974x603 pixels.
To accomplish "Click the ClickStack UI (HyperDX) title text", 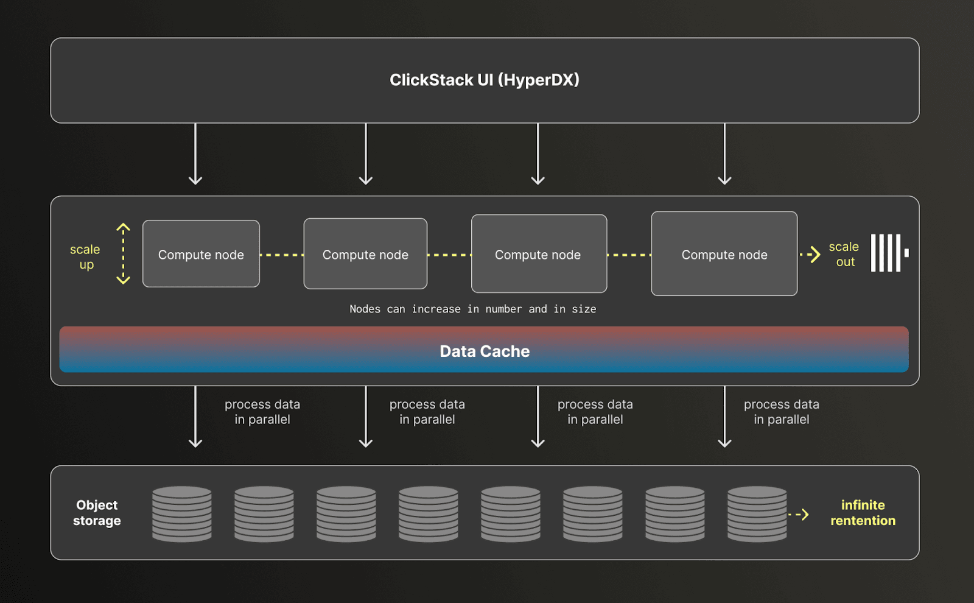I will tap(485, 80).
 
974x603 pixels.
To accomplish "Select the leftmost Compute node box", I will tap(201, 254).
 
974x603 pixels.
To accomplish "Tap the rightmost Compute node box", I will tap(724, 254).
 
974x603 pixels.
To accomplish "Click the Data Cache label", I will tap(485, 351).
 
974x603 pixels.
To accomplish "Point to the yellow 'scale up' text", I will tap(85, 256).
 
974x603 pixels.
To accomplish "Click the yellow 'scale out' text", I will tap(844, 254).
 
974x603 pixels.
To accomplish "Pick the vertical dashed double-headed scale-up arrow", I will tap(123, 253).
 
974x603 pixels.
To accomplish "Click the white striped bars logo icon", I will tap(888, 253).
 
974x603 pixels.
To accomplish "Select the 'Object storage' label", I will tap(97, 513).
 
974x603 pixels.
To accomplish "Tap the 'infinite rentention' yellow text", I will tap(863, 513).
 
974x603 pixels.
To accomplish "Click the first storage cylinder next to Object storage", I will tap(182, 513).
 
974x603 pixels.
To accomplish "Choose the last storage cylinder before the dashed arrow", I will tap(757, 513).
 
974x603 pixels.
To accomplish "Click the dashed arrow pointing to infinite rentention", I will tap(799, 515).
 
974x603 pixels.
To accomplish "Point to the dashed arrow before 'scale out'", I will tap(810, 255).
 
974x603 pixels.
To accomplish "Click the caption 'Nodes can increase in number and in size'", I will tap(472, 309).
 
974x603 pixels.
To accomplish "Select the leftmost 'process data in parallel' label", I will tap(262, 412).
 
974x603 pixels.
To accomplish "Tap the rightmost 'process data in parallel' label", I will tap(781, 412).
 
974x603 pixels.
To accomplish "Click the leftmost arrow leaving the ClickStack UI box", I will tap(195, 153).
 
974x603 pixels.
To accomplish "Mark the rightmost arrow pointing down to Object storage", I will tap(724, 417).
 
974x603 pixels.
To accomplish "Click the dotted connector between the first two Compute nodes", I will tap(281, 255).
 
